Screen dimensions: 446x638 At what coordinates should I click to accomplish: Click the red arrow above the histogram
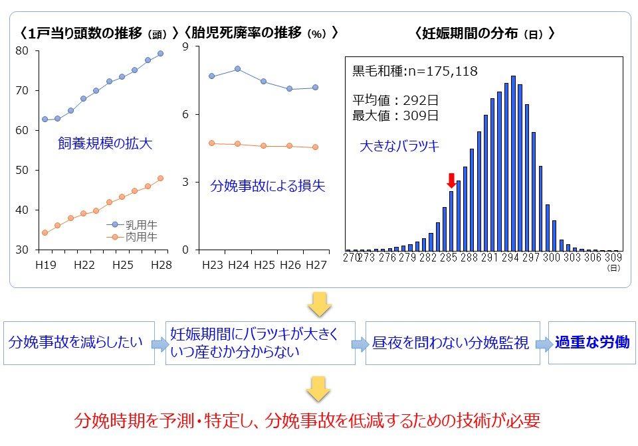coord(451,180)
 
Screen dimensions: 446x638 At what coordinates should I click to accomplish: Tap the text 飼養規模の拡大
coord(105,143)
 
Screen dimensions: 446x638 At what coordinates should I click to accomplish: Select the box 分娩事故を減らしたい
coord(76,342)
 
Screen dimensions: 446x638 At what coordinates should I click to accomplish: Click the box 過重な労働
coord(589,342)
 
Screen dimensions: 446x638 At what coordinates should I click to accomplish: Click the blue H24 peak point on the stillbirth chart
coord(237,68)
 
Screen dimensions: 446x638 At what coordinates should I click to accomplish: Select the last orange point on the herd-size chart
coord(160,178)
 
